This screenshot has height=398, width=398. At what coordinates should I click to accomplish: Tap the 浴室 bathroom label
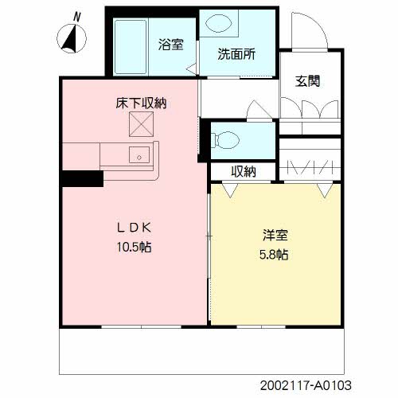[x=170, y=44]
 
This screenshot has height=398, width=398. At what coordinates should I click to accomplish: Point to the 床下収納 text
[x=143, y=103]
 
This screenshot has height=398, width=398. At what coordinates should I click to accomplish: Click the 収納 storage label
[x=244, y=171]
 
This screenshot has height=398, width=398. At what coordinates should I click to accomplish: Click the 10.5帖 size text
[x=131, y=247]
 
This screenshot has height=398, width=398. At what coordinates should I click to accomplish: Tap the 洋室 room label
[x=275, y=236]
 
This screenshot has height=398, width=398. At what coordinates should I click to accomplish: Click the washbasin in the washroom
[x=217, y=24]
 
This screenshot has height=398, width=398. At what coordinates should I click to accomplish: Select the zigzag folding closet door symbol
[x=310, y=168]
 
